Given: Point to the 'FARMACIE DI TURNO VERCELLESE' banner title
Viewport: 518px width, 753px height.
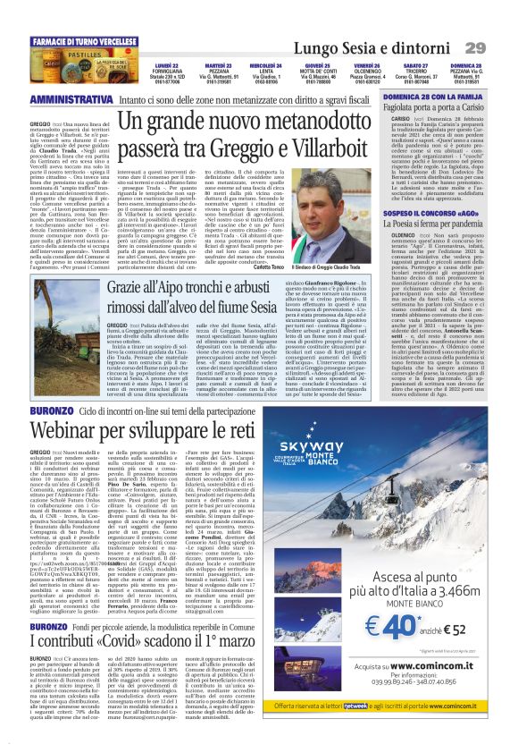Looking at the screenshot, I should (77, 41).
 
